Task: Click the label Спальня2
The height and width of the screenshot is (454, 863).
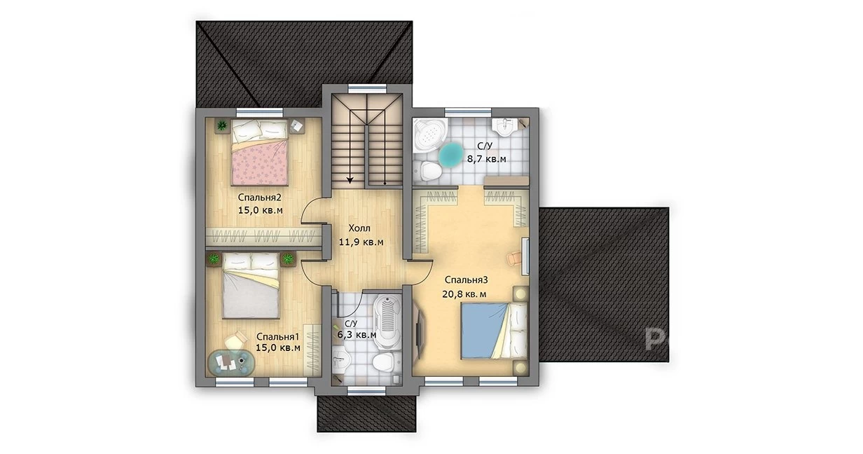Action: [x=259, y=198]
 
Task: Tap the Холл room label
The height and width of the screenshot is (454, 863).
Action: [x=359, y=228]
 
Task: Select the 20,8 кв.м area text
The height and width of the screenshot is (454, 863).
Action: [x=464, y=294]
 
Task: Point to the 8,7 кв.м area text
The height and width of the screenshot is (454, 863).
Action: [x=487, y=159]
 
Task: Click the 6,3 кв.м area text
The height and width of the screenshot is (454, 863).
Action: [x=357, y=334]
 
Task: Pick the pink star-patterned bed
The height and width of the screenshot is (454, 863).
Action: [x=260, y=152]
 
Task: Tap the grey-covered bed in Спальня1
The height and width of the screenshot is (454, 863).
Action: [x=251, y=286]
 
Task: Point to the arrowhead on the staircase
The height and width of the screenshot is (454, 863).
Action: [x=350, y=179]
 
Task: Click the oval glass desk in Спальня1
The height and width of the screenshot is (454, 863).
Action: [x=231, y=362]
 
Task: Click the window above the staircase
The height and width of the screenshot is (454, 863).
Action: [x=367, y=89]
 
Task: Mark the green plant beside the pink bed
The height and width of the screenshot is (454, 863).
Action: [x=222, y=125]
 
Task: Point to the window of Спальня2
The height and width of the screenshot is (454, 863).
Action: [x=260, y=113]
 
